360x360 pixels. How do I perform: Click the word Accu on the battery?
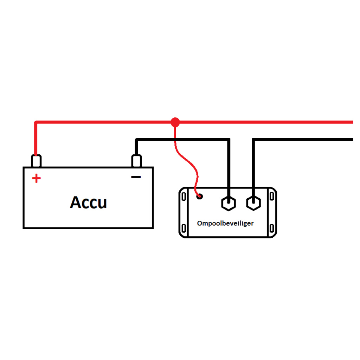pyautogui.click(x=88, y=202)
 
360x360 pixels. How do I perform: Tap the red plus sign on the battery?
pyautogui.click(x=36, y=179)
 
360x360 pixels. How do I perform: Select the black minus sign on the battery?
pyautogui.click(x=136, y=177)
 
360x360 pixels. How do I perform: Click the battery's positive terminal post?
pyautogui.click(x=36, y=161)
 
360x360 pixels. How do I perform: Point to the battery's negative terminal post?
pyautogui.click(x=136, y=161)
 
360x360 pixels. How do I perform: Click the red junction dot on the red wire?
pyautogui.click(x=175, y=122)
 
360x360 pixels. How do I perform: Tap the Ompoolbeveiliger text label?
pyautogui.click(x=225, y=223)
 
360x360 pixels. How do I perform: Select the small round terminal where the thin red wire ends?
pyautogui.click(x=200, y=196)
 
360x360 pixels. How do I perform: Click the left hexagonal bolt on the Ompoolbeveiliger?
pyautogui.click(x=228, y=203)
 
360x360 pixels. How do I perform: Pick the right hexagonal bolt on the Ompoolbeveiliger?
pyautogui.click(x=253, y=203)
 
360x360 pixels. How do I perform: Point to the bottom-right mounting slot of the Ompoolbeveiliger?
pyautogui.click(x=271, y=229)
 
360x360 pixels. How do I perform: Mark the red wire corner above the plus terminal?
pyautogui.click(x=36, y=123)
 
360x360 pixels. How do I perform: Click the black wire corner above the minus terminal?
pyautogui.click(x=137, y=140)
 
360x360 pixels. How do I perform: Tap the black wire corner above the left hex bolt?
pyautogui.click(x=228, y=140)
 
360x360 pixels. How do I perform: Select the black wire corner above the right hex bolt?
pyautogui.click(x=254, y=140)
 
